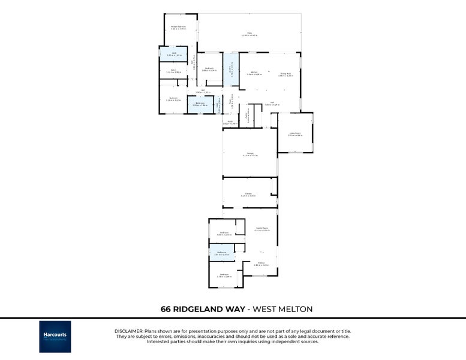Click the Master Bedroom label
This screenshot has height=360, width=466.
(x=178, y=27)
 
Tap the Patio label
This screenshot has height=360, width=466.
(x=249, y=34)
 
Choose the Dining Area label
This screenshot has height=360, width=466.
(x=285, y=74)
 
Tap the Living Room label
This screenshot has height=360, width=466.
(x=294, y=134)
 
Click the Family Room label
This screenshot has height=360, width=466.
(x=261, y=229)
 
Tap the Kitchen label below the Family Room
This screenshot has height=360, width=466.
(x=261, y=264)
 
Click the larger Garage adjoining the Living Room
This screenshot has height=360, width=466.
(x=250, y=154)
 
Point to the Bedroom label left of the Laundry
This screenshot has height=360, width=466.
(x=209, y=69)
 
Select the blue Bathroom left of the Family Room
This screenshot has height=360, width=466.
(x=222, y=254)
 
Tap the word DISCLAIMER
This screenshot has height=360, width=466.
(x=128, y=331)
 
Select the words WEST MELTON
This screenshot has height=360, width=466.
(x=282, y=309)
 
